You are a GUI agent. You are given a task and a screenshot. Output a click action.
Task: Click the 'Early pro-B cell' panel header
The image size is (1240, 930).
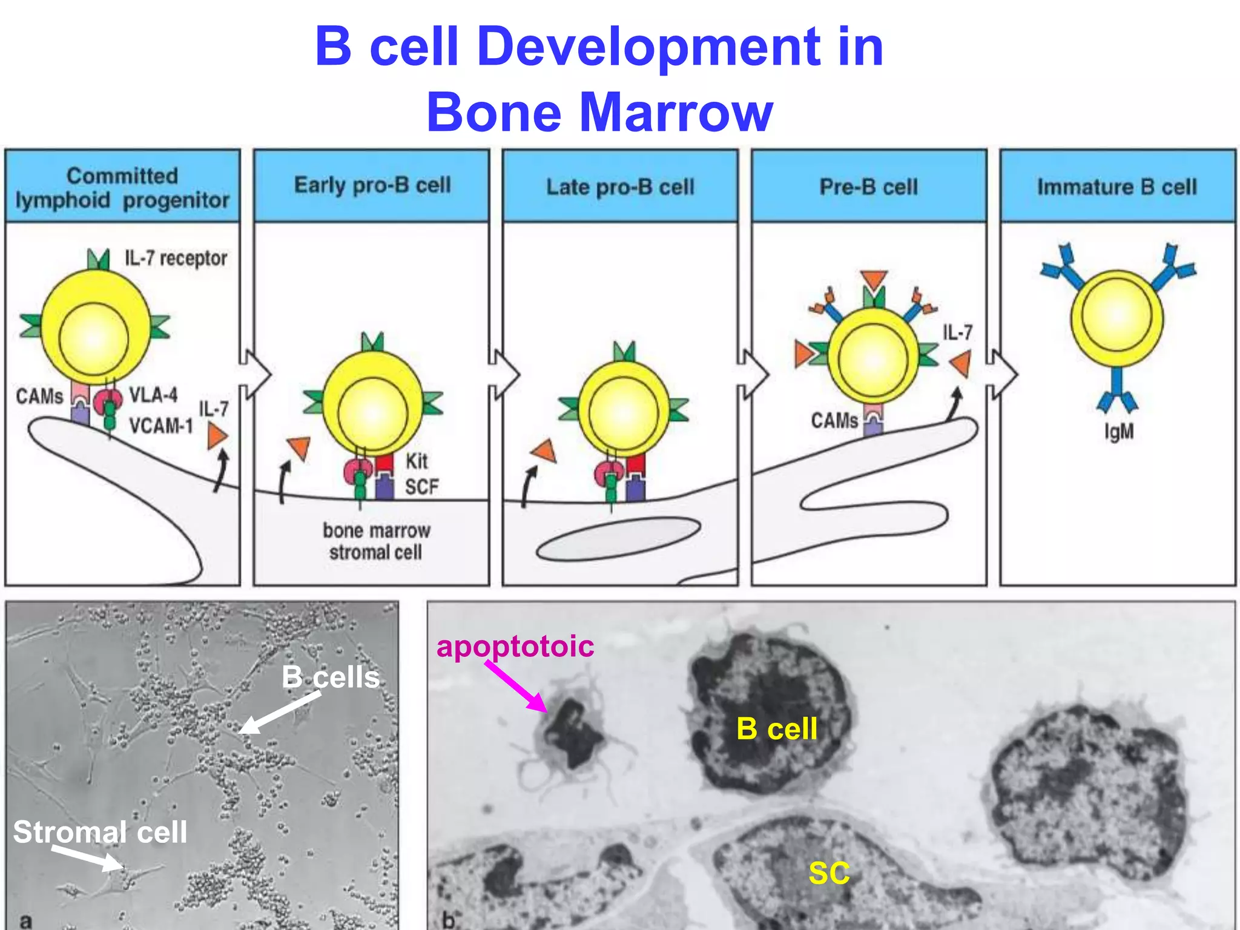(x=372, y=185)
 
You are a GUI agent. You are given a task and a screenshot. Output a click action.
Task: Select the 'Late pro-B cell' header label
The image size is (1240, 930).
(x=620, y=187)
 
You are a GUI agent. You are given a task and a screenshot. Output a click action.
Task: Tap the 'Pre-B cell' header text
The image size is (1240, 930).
(x=868, y=187)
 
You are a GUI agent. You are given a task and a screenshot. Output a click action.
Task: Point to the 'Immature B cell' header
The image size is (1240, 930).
(x=1117, y=187)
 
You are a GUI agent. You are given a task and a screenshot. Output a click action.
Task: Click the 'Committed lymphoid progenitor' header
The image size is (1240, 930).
(x=122, y=188)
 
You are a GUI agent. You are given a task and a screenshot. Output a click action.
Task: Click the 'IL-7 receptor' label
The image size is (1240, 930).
(x=176, y=259)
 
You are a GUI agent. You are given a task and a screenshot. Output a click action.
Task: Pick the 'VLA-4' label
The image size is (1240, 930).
(x=153, y=395)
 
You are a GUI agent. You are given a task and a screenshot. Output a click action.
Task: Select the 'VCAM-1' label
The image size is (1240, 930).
(x=161, y=426)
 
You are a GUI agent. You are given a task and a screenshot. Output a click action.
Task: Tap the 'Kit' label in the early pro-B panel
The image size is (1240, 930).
(x=417, y=461)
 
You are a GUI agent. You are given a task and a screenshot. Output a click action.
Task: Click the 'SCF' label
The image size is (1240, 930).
(x=421, y=487)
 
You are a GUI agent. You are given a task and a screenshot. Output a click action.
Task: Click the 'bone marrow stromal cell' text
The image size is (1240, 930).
(x=376, y=541)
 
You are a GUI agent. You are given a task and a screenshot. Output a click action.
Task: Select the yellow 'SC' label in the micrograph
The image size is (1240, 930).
(x=829, y=873)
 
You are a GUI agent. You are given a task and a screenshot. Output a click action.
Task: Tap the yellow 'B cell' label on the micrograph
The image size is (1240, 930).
(x=777, y=728)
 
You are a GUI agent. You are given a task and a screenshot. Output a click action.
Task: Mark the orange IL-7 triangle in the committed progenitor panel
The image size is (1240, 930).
(x=216, y=436)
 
